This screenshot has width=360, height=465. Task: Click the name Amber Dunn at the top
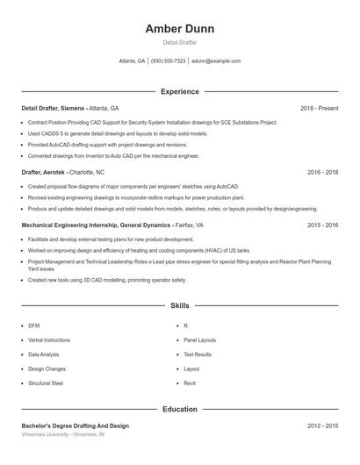[x=179, y=29]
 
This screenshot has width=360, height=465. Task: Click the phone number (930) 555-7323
[x=168, y=61]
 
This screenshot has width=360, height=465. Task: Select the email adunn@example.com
[x=216, y=61]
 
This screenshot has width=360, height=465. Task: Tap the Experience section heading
[x=179, y=91]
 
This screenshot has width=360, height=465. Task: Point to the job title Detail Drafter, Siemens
[x=54, y=108]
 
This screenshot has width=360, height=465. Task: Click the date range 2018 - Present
[x=319, y=108]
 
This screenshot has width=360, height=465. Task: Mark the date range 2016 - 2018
[x=322, y=172]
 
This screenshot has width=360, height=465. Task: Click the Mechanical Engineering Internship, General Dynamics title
[x=90, y=225]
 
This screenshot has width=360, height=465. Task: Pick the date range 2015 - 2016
[x=322, y=225]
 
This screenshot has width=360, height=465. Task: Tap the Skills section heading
[x=179, y=306]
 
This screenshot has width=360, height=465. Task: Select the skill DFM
[x=33, y=325]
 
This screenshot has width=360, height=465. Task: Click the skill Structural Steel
[x=46, y=383]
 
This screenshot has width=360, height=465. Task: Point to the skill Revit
[x=190, y=383]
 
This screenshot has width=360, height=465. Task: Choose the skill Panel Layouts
[x=199, y=340]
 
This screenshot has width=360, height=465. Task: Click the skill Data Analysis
[x=44, y=354]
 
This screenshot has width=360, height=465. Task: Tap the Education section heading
[x=179, y=409]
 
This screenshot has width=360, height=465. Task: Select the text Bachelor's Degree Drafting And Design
[x=75, y=426]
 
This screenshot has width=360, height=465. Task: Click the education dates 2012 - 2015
[x=322, y=426]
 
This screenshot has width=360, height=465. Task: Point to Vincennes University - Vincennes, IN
[x=62, y=434]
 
